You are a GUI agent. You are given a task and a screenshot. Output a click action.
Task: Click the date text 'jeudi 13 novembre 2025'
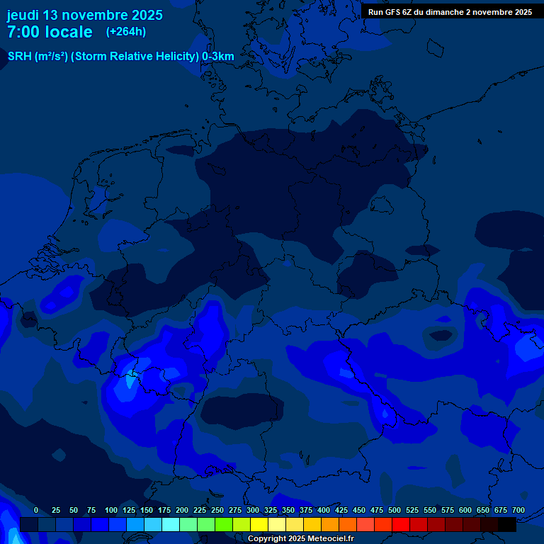(84, 15)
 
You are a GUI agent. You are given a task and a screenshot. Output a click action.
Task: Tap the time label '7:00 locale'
(50, 32)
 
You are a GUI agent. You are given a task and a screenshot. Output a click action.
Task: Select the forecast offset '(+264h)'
(126, 32)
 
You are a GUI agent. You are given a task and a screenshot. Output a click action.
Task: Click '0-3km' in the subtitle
(218, 56)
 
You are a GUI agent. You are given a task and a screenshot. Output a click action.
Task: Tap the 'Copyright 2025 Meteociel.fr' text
(300, 539)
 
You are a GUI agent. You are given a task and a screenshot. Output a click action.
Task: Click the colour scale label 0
(36, 511)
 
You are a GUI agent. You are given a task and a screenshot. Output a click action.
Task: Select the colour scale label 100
(111, 511)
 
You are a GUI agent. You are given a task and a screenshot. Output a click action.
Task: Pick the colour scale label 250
(217, 511)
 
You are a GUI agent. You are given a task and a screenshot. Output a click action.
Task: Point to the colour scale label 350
(288, 511)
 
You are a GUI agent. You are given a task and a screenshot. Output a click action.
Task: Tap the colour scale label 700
(518, 511)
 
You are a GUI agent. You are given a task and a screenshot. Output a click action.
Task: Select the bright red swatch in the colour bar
(401, 524)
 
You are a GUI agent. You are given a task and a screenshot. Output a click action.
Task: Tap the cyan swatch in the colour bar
(171, 524)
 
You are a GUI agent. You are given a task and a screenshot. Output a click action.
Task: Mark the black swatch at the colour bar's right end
(507, 524)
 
